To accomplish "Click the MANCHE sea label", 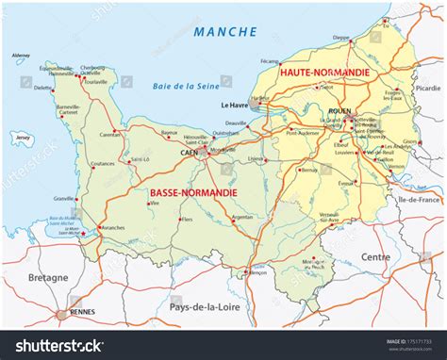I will (224, 31).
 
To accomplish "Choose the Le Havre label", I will (234, 106).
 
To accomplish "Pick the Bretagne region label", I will (48, 278).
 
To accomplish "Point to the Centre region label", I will (375, 256).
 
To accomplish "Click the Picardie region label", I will (427, 88).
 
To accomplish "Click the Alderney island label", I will (20, 56).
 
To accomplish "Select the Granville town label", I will (64, 199).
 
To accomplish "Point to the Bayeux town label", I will (169, 133).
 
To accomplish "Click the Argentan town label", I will (241, 217).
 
